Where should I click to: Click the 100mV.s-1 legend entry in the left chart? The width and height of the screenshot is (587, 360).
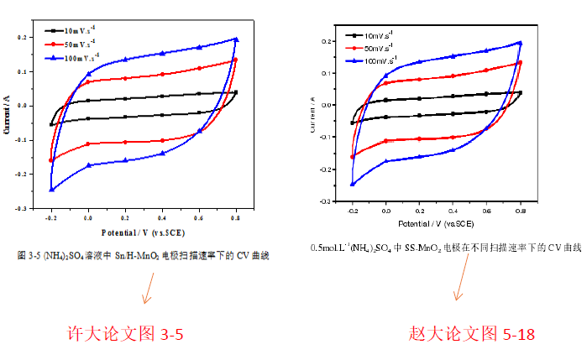pos(80,56)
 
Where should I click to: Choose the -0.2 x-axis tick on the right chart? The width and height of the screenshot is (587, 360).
pos(353,211)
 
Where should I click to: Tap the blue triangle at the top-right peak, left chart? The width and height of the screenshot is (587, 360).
pos(236,39)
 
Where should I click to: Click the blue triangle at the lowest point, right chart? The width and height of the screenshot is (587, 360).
pos(353,184)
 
